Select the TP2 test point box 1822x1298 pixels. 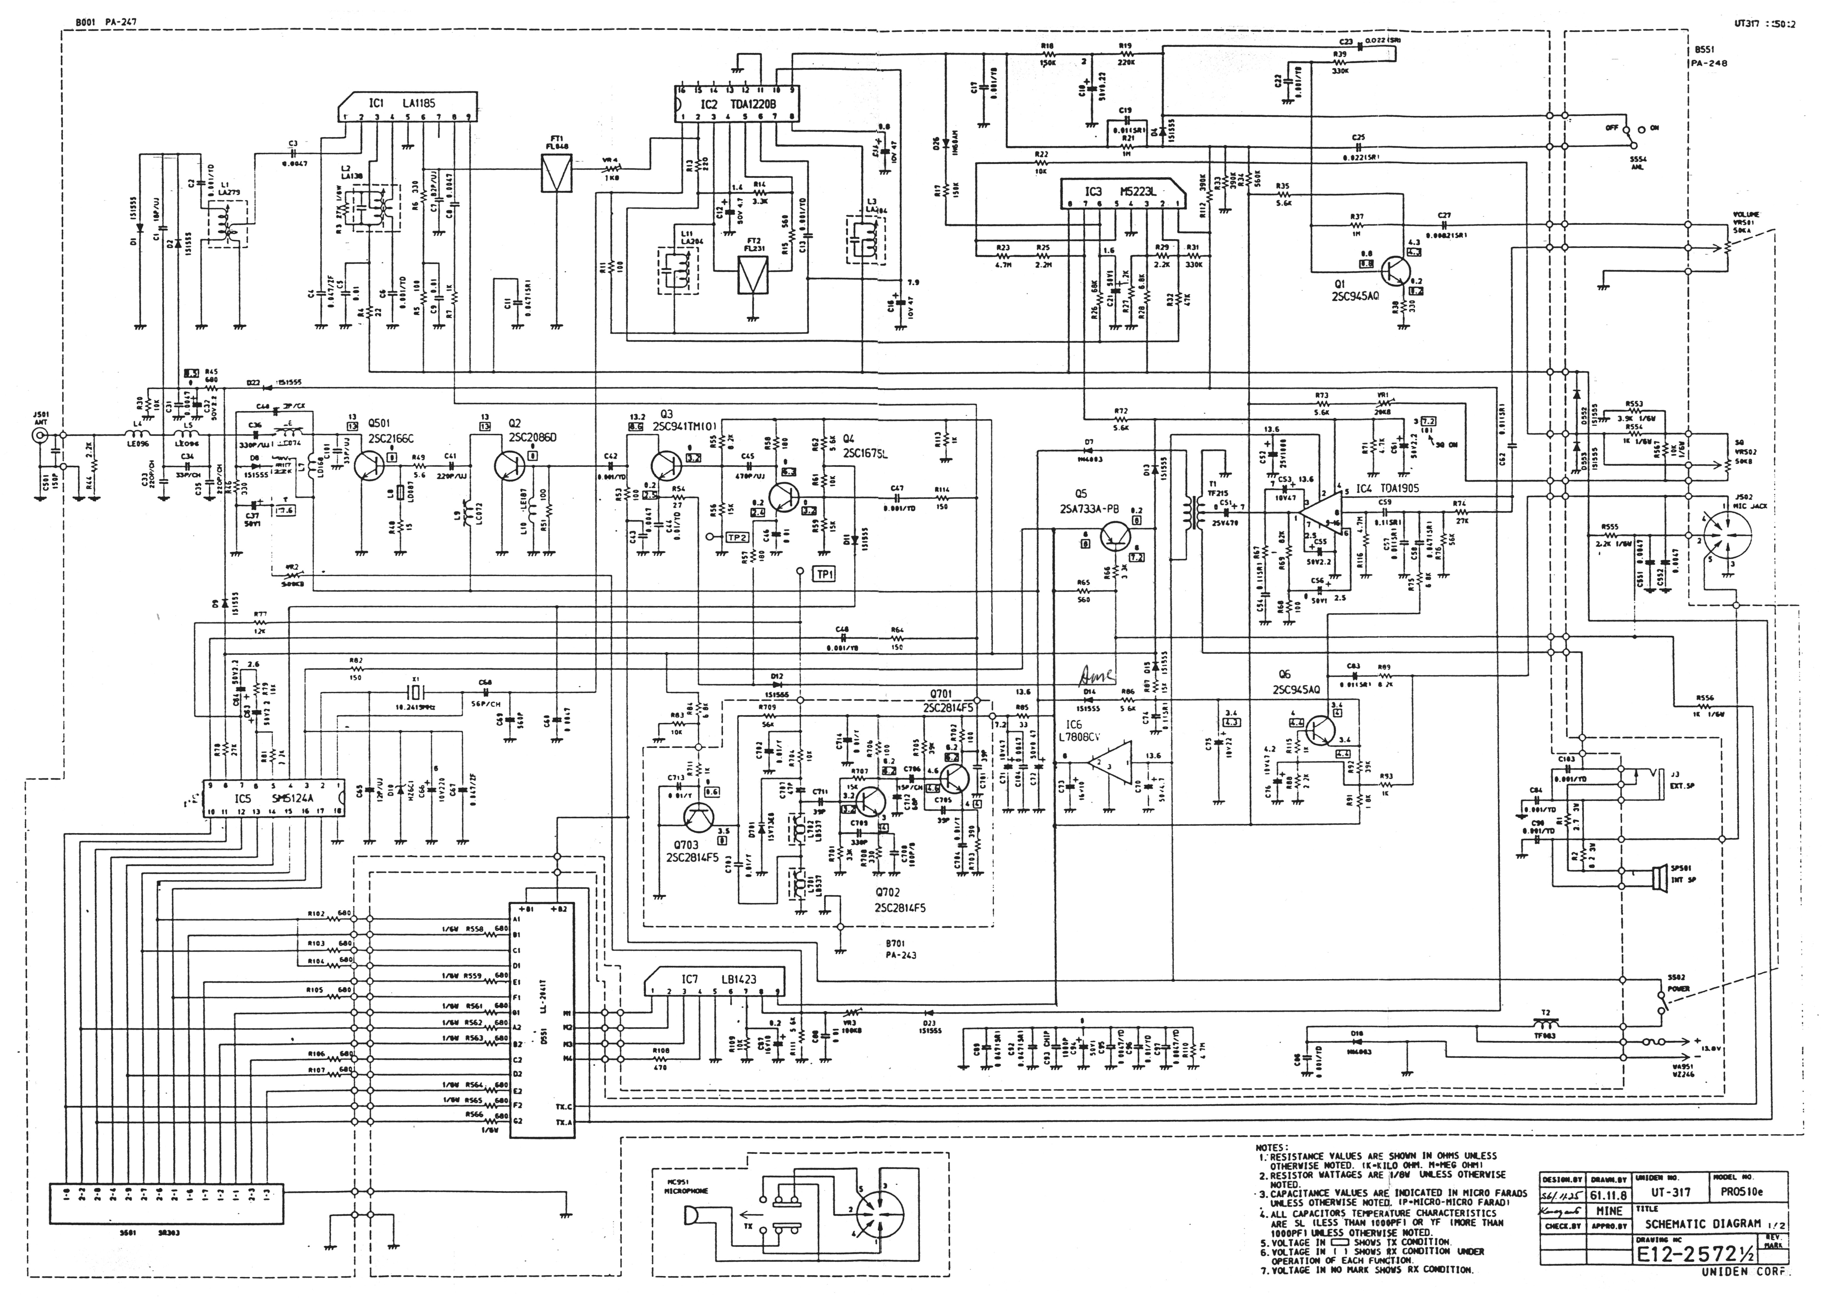[x=737, y=538]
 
